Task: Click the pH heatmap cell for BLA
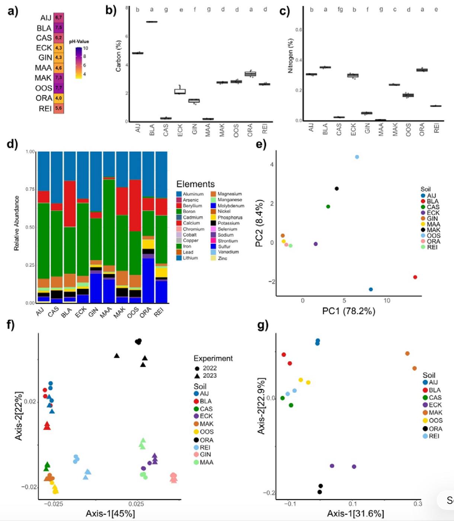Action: (58, 28)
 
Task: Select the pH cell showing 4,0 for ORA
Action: (58, 98)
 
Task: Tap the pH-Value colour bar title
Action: (79, 41)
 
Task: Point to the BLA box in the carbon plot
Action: (151, 22)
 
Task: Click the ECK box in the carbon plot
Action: (180, 91)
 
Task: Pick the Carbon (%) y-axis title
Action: (118, 56)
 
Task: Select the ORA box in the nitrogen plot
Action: (422, 70)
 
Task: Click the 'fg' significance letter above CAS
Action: (340, 10)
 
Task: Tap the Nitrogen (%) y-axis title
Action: (291, 56)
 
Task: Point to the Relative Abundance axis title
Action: (16, 223)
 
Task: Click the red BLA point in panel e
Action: (415, 277)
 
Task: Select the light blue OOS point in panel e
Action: (357, 157)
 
